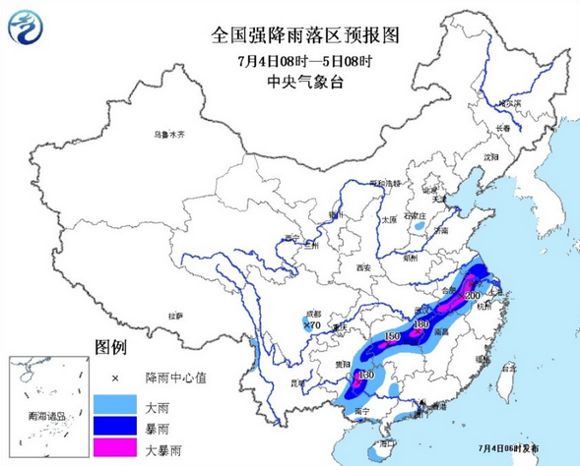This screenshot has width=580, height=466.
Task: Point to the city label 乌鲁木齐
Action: pos(167,135)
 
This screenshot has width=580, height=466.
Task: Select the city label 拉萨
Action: pos(175,316)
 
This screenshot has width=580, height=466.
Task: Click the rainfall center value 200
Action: pos(472,296)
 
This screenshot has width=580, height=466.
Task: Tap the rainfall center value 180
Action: pos(422,324)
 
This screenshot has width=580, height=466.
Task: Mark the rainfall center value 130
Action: pos(365,375)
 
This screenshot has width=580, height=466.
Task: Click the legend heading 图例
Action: pos(110,348)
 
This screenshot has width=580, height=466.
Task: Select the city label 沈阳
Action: pos(490,157)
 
